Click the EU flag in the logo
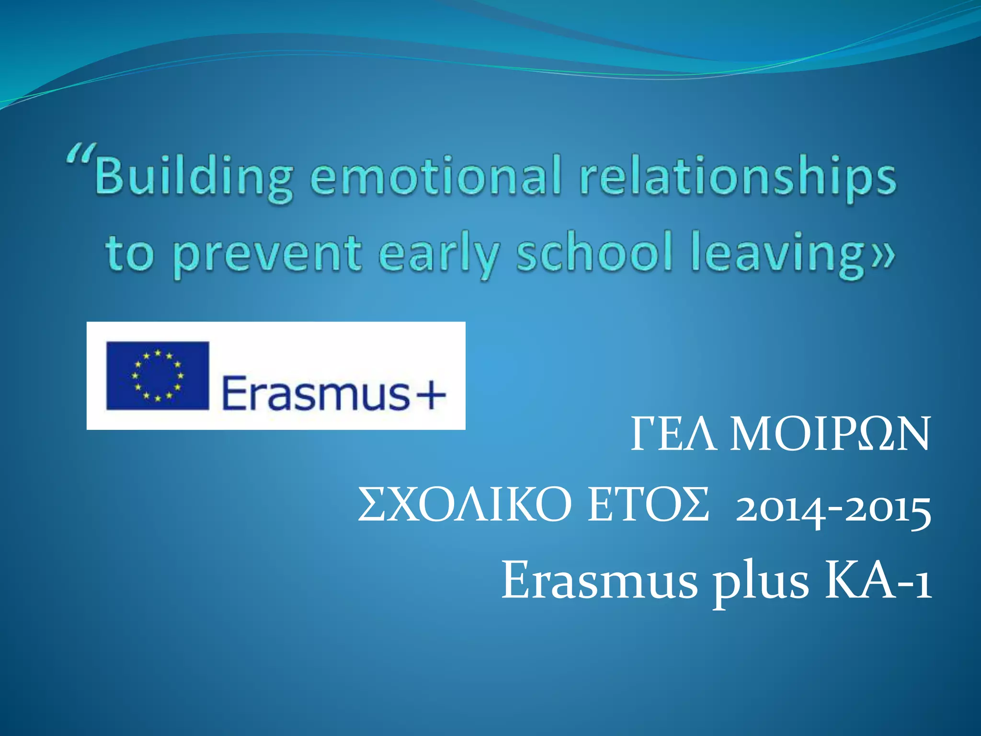158,376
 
